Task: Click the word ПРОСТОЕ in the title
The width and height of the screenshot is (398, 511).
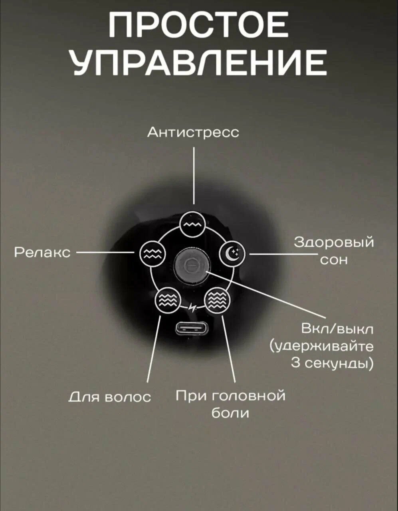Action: [198, 25]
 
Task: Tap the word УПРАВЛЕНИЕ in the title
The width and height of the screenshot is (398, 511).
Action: [198, 63]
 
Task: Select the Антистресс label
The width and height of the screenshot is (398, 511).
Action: [193, 132]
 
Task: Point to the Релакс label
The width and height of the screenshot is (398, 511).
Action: [42, 252]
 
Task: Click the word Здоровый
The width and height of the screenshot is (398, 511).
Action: [334, 242]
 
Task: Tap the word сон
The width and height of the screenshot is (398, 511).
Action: [334, 260]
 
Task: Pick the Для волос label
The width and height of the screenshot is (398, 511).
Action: [110, 396]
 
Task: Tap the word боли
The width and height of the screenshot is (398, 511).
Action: [230, 413]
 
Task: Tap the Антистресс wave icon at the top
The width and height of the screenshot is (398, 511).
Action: [193, 225]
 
